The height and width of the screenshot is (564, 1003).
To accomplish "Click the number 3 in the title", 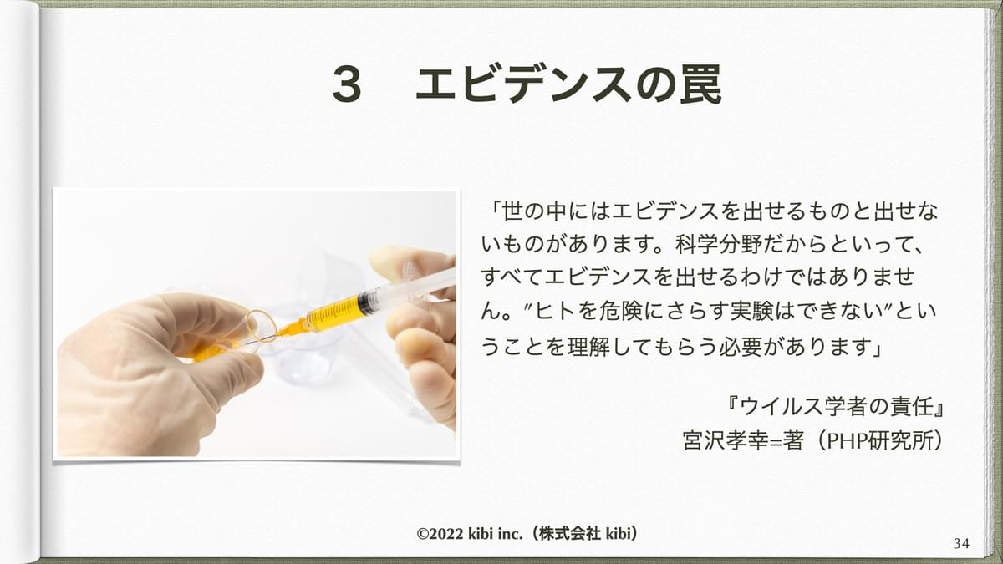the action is tap(347, 84).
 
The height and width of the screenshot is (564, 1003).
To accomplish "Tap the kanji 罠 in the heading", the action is tap(700, 84).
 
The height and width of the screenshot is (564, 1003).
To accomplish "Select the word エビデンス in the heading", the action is tap(524, 84).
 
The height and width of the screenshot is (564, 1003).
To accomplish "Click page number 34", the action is tap(961, 543).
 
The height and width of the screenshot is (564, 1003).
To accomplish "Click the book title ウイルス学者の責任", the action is tap(836, 407).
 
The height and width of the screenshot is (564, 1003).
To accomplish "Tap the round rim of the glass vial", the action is tap(261, 326).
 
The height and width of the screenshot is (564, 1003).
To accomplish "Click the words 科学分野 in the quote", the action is tap(717, 244).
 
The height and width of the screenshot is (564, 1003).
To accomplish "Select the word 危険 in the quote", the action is tap(620, 311).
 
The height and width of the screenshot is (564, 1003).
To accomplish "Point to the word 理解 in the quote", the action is tap(588, 346).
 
